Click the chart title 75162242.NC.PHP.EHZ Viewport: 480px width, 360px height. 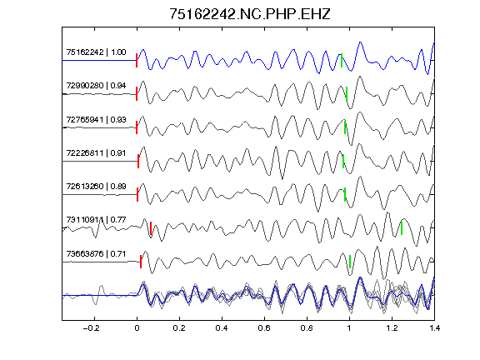(250, 14)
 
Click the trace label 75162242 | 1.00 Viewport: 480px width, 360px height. (96, 52)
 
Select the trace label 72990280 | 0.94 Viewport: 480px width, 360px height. (96, 86)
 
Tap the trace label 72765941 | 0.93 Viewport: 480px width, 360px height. (96, 119)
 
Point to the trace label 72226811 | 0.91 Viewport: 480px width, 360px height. (96, 152)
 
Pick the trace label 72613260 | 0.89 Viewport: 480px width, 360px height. (96, 187)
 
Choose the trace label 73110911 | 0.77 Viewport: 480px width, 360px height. (96, 220)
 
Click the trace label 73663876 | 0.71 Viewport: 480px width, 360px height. (96, 254)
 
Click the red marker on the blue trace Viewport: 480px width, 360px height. (137, 60)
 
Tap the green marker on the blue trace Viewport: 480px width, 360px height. (342, 60)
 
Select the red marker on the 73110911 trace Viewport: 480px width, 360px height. (151, 228)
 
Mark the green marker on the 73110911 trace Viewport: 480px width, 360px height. (402, 228)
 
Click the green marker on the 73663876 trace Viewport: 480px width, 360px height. (350, 262)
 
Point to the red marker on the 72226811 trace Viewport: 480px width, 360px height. (138, 162)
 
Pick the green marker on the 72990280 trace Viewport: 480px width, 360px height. (347, 94)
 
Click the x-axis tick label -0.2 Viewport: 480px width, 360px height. (92, 328)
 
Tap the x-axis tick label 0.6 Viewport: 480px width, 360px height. (264, 328)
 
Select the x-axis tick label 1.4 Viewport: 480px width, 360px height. (434, 328)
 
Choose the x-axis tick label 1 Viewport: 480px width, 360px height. (349, 328)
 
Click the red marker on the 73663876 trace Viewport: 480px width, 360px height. (141, 262)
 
